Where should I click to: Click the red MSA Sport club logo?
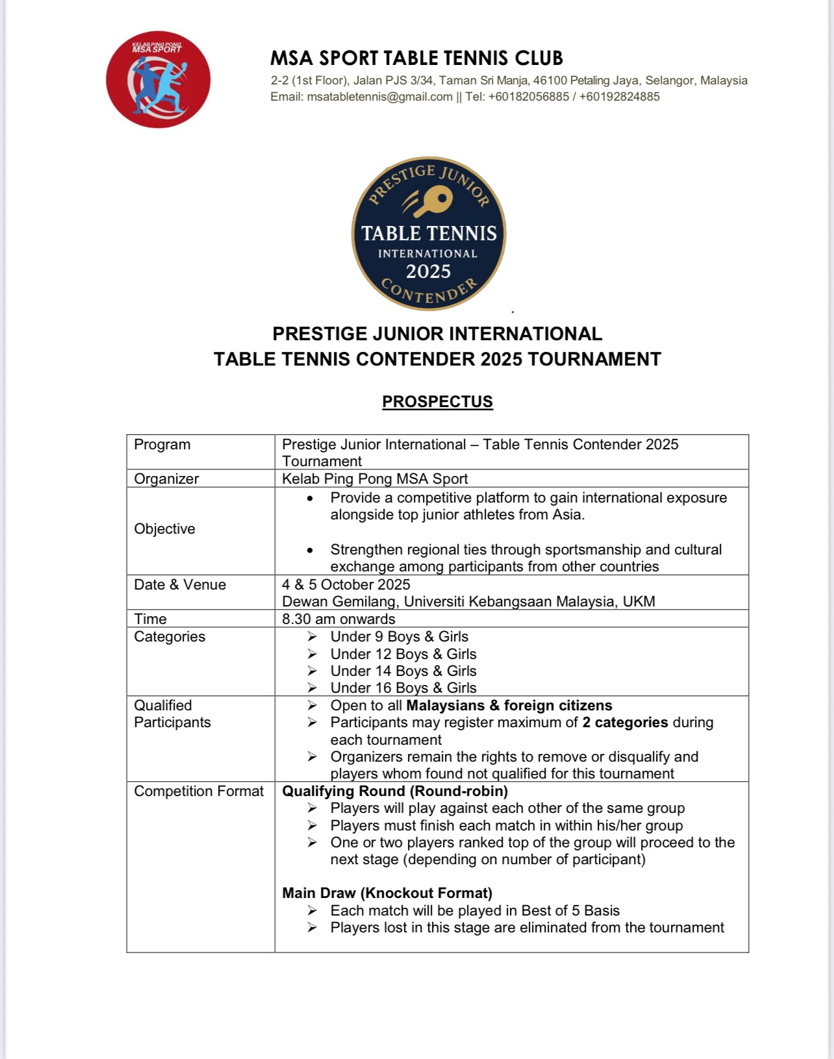pos(158,80)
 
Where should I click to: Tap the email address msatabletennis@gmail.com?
pos(379,97)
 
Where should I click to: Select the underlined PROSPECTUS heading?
pos(437,402)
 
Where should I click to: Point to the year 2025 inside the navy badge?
pos(428,271)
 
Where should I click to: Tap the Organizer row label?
pos(166,479)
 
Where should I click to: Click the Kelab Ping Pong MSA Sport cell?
pos(375,479)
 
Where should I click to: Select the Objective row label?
pos(164,529)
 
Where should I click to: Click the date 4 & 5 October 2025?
pos(346,584)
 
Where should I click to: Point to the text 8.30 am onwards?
pos(338,619)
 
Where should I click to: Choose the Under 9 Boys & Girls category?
pos(399,637)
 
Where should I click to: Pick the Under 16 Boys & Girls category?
pos(403,688)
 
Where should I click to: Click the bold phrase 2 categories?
pos(625,723)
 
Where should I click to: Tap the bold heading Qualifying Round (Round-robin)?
pos(395,791)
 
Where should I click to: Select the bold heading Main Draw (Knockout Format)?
pos(387,893)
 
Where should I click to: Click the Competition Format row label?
pos(199,791)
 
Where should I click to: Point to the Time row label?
pos(150,619)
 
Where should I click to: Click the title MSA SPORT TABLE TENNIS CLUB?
pos(416,58)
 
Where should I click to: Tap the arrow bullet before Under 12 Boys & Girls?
pos(312,654)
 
